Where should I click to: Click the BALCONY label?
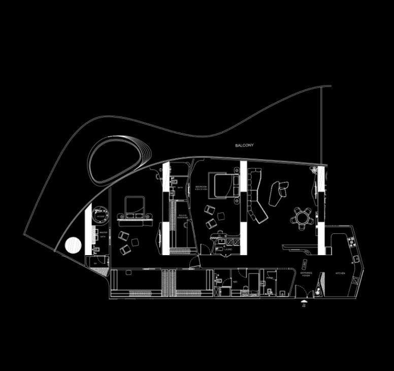[244, 146]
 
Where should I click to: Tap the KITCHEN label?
[340, 273]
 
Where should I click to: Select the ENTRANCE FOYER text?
[306, 274]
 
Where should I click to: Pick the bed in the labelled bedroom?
[223, 184]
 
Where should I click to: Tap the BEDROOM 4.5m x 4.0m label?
[201, 188]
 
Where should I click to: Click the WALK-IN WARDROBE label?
[182, 217]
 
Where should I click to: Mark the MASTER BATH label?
[103, 235]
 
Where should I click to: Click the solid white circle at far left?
[73, 245]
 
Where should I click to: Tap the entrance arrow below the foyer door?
[304, 304]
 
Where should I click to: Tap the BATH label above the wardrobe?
[180, 188]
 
